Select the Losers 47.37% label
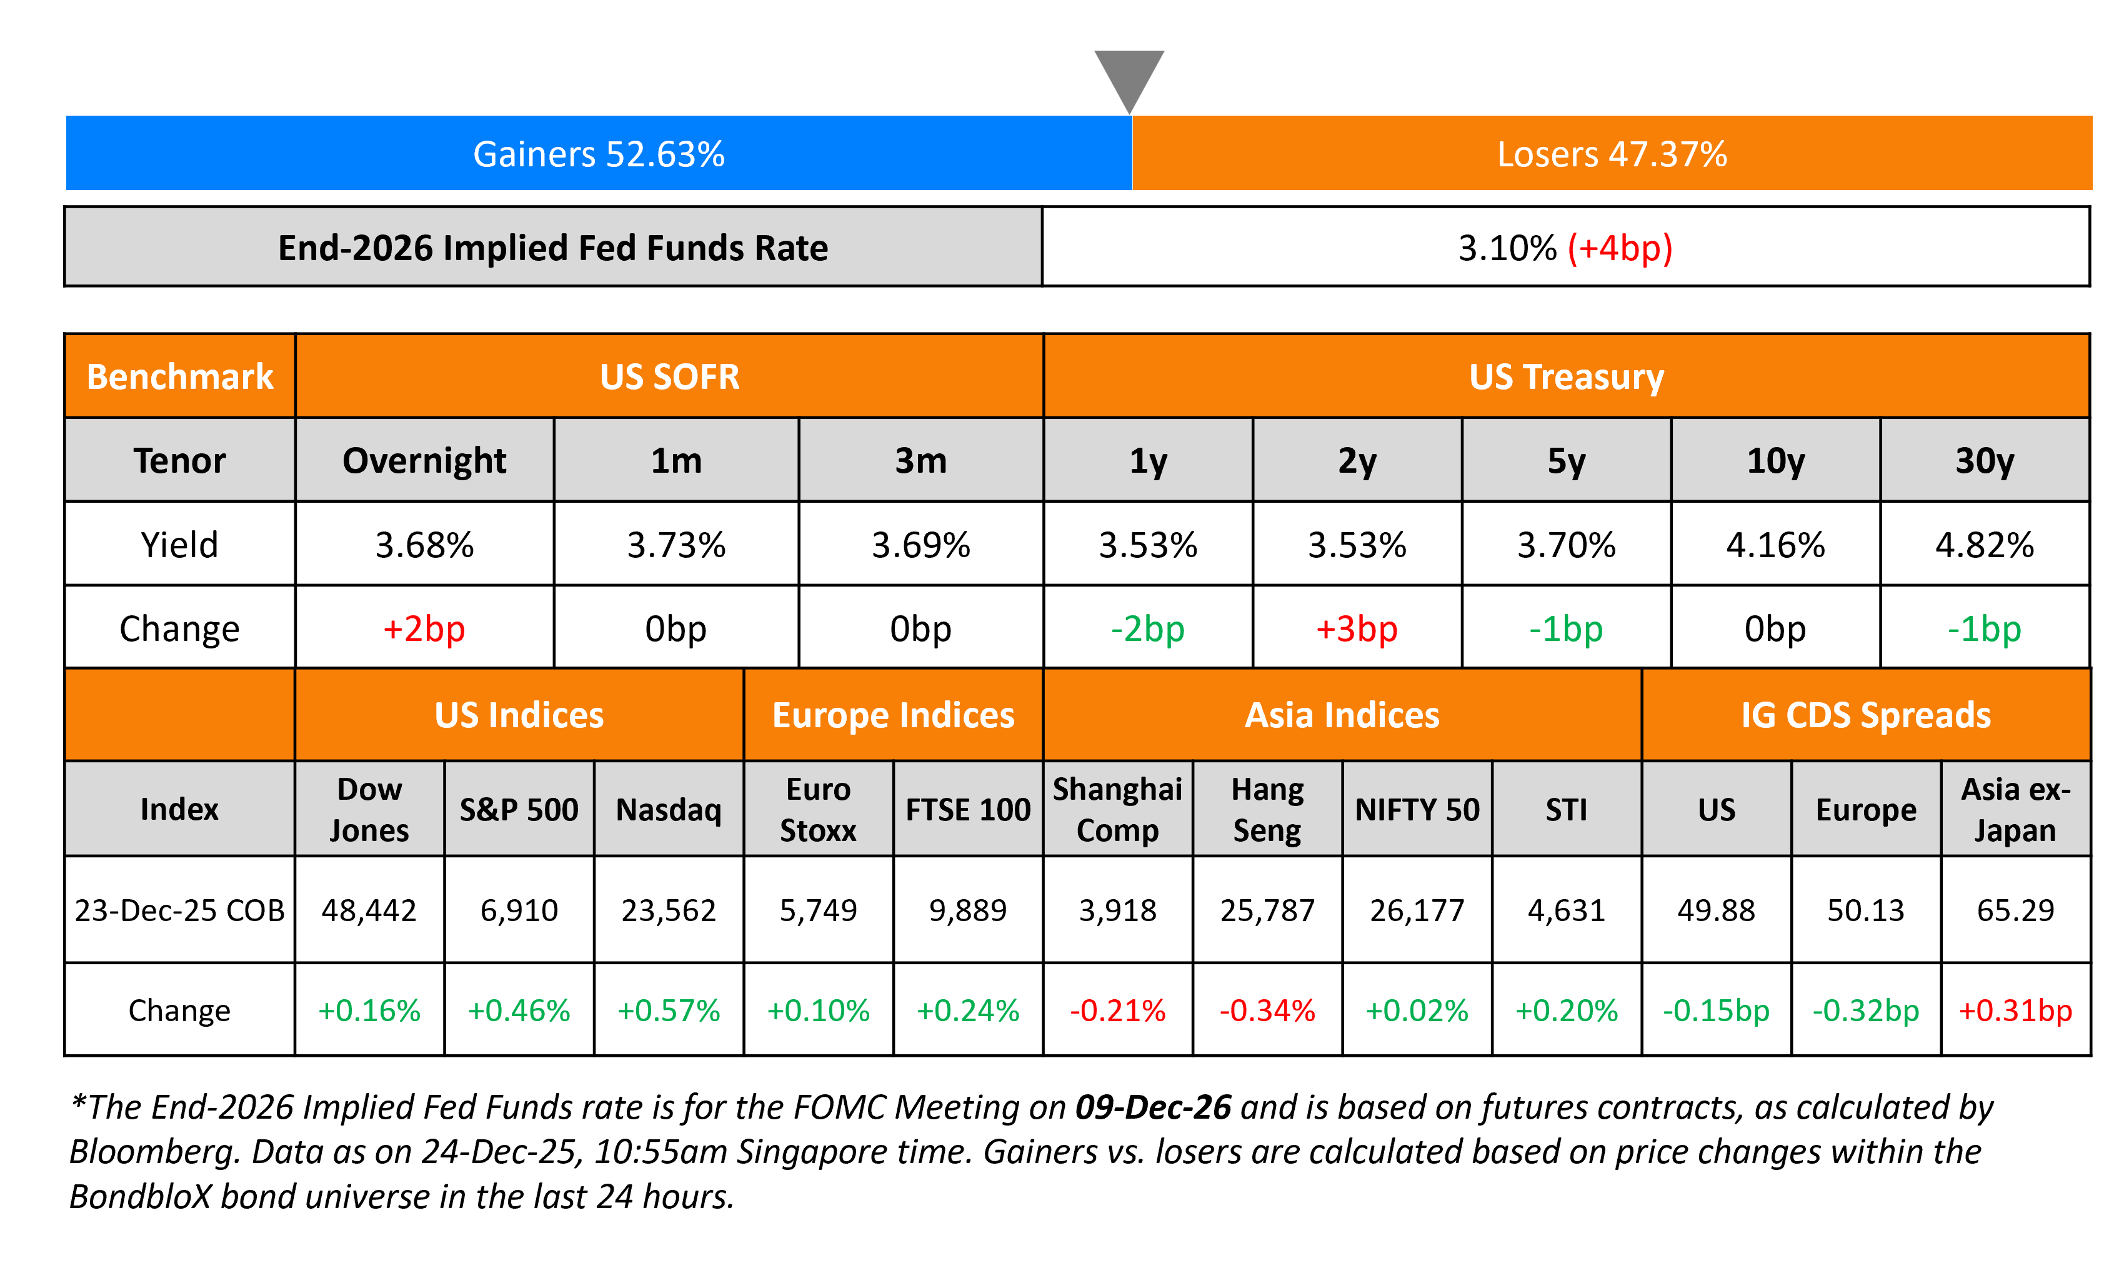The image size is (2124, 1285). tap(1612, 154)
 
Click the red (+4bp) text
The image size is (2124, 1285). tap(1620, 248)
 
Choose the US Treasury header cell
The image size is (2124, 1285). tap(1566, 377)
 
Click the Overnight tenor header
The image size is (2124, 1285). tap(424, 460)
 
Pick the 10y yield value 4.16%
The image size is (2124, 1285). tap(1775, 545)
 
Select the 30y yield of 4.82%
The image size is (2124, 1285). tap(1985, 545)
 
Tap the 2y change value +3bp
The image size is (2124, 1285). tap(1356, 628)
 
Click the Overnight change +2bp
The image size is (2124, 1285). tap(424, 628)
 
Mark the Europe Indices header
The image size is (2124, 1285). tap(893, 715)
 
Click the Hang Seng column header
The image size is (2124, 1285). tap(1267, 809)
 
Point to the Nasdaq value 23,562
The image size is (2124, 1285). tap(669, 910)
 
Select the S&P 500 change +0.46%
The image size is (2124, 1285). tap(519, 1010)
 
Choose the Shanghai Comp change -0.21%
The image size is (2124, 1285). tap(1117, 1010)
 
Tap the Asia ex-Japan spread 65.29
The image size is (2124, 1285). tap(2015, 910)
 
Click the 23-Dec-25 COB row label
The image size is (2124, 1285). tap(179, 910)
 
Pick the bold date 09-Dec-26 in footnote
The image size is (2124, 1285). tap(1152, 1107)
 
